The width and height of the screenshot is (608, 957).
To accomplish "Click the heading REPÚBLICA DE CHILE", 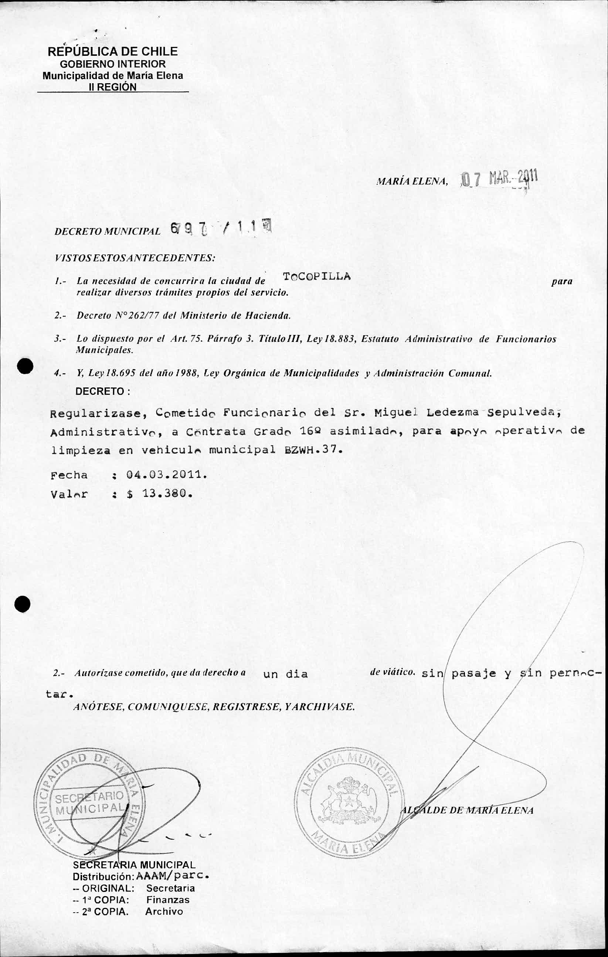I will tap(112, 51).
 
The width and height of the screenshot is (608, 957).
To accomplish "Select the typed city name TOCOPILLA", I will tap(317, 276).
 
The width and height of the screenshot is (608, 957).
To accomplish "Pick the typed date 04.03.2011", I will tap(166, 475).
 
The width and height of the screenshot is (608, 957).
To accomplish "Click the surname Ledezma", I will tap(452, 412).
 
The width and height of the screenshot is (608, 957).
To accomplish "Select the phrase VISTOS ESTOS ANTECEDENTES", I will tap(135, 258).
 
